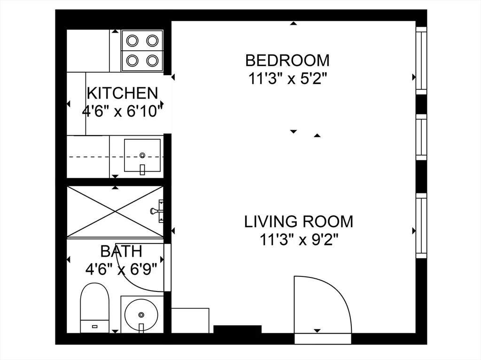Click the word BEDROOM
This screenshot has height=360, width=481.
click(x=287, y=61)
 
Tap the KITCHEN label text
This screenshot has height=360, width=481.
click(x=123, y=93)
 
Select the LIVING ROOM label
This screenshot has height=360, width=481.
click(x=298, y=222)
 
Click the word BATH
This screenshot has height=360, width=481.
click(x=121, y=252)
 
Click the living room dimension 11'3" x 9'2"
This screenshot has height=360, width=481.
click(x=299, y=240)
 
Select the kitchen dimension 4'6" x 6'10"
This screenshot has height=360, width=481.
click(x=122, y=112)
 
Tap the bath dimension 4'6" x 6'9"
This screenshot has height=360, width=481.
click(x=121, y=270)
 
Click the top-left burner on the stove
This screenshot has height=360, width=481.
click(x=132, y=40)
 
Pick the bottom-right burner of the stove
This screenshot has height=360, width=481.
click(x=152, y=61)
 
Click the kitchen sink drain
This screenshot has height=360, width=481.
click(x=142, y=155)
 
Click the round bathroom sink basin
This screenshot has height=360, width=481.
click(x=141, y=314)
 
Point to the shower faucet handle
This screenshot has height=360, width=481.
click(x=157, y=211)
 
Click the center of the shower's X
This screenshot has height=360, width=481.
click(x=115, y=211)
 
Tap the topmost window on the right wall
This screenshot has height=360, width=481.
click(x=421, y=61)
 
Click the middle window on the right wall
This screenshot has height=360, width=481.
click(x=421, y=137)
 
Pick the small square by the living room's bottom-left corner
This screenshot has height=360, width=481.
click(x=190, y=321)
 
